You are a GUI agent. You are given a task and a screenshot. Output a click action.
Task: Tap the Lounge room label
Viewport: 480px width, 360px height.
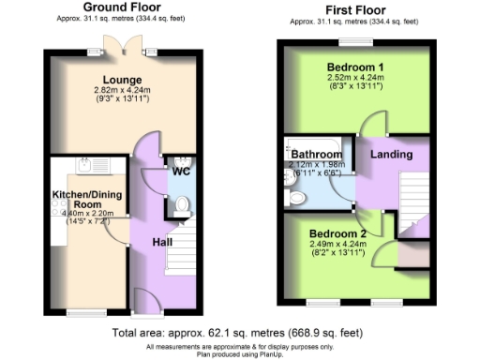pyautogui.click(x=122, y=81)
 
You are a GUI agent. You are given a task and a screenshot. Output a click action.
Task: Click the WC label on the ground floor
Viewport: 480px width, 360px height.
pyautogui.click(x=180, y=172)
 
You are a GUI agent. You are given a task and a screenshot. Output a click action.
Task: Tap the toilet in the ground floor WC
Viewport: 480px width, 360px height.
pyautogui.click(x=183, y=204)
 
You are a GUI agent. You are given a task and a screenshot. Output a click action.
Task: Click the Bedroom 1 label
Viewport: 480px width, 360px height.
pyautogui.click(x=354, y=68)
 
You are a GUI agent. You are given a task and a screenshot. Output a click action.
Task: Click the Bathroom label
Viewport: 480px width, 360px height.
pyautogui.click(x=316, y=154)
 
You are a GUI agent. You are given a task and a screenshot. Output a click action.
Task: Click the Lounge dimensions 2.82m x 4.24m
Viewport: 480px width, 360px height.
pyautogui.click(x=122, y=91)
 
